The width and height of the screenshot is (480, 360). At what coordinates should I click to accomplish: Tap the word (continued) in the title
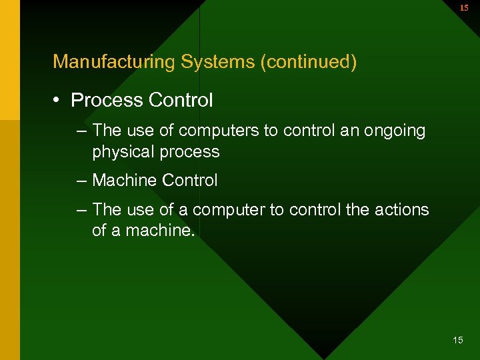click(x=309, y=62)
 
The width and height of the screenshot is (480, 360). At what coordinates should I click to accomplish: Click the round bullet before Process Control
click(x=59, y=101)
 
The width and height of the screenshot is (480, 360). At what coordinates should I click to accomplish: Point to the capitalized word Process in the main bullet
click(x=107, y=101)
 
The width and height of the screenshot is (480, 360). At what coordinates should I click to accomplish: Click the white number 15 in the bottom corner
click(x=457, y=341)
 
